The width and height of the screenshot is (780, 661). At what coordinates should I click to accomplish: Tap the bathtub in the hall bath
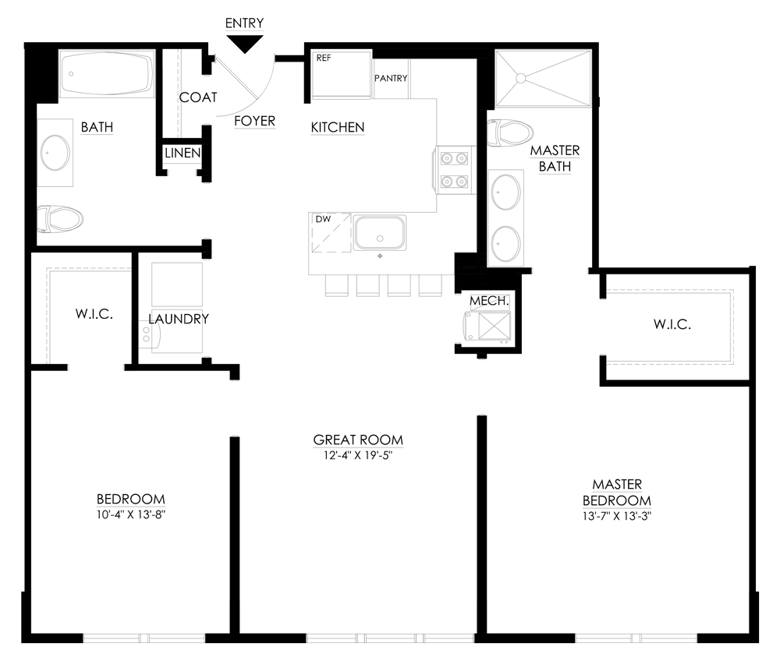click(106, 74)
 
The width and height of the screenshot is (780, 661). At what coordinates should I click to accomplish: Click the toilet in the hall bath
click(60, 219)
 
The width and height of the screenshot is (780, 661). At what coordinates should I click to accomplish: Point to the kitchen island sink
click(380, 232)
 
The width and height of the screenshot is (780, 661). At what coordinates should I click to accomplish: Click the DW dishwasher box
click(331, 232)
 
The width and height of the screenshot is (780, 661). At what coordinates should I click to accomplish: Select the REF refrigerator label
click(324, 58)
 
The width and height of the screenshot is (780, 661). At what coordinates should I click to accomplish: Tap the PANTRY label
click(391, 78)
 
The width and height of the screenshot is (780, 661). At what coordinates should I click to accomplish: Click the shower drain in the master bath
click(521, 78)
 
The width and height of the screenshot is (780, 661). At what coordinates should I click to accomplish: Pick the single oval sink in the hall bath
click(55, 153)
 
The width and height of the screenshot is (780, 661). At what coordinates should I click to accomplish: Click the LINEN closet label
click(183, 153)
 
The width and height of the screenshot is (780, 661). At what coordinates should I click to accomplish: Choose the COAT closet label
click(198, 97)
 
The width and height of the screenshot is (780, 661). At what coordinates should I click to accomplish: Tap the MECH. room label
click(490, 301)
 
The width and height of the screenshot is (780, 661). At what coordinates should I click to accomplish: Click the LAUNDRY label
click(179, 319)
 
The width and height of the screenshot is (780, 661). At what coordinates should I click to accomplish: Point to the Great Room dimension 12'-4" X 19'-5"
click(358, 455)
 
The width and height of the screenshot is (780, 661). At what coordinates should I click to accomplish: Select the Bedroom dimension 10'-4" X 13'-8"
click(131, 514)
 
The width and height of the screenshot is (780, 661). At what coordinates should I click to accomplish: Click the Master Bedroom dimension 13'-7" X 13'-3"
click(617, 516)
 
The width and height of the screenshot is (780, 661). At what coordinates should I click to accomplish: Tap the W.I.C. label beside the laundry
click(94, 314)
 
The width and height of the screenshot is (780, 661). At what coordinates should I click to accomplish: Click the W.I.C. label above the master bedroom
click(672, 324)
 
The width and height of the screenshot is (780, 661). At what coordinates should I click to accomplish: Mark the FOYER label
click(255, 122)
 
